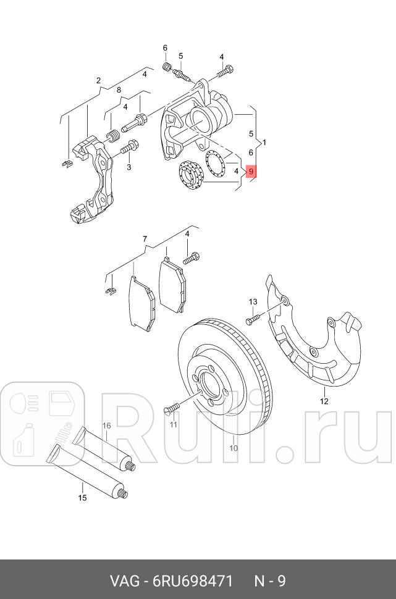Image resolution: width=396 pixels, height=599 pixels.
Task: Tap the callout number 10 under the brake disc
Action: coord(234,448)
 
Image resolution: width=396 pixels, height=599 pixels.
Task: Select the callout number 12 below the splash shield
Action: coord(324,401)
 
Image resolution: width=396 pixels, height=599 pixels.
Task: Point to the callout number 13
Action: coord(253,301)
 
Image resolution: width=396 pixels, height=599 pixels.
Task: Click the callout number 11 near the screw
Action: coord(173,425)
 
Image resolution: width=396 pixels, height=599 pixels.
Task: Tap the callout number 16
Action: coord(106,425)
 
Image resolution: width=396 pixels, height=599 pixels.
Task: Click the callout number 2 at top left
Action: coord(98,80)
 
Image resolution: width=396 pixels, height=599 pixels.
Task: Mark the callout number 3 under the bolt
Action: coord(128,167)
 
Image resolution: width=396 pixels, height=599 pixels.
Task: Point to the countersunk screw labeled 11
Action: coord(171,408)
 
